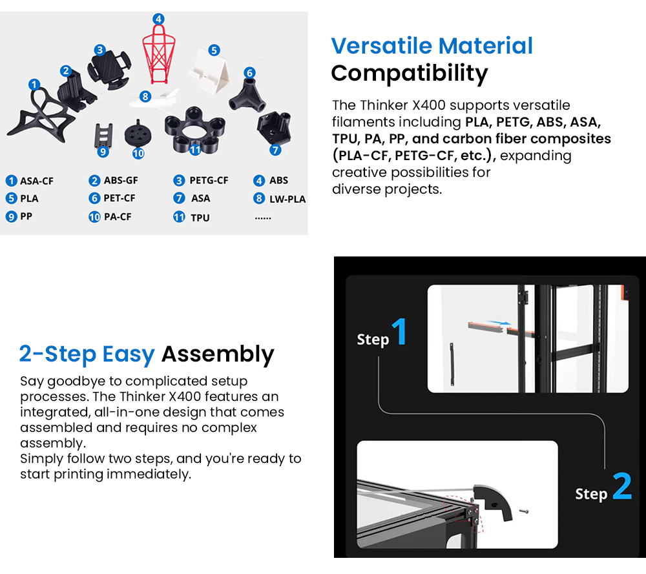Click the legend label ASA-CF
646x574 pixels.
(x=36, y=181)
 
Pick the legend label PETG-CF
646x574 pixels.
(x=209, y=180)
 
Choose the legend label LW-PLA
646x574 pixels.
(x=287, y=199)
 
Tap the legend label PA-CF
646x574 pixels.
(x=117, y=217)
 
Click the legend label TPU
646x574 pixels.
(x=200, y=218)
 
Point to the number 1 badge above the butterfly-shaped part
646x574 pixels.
(x=34, y=84)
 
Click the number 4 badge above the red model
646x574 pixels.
(x=158, y=19)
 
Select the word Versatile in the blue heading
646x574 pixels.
(x=380, y=46)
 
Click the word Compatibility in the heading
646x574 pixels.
(x=409, y=73)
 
